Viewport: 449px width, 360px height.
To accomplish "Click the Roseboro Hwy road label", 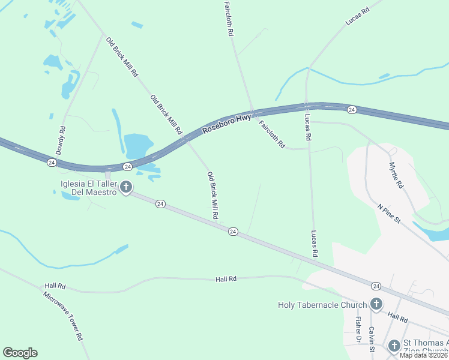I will pyautogui.click(x=226, y=123).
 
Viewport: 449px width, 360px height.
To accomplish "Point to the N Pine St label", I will pyautogui.click(x=388, y=214).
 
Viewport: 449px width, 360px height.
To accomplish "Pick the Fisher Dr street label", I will pyautogui.click(x=358, y=331).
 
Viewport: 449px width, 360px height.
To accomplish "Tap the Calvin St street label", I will pyautogui.click(x=372, y=339).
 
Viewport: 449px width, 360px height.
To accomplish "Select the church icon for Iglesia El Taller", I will pyautogui.click(x=126, y=188).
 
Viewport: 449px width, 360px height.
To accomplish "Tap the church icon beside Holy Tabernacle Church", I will pyautogui.click(x=376, y=304).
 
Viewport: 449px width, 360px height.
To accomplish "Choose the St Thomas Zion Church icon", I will pyautogui.click(x=394, y=346).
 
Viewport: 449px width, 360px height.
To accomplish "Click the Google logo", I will pyautogui.click(x=20, y=353).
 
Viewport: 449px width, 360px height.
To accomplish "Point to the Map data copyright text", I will pyautogui.click(x=424, y=355).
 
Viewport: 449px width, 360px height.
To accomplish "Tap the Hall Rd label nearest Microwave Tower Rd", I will pyautogui.click(x=53, y=287).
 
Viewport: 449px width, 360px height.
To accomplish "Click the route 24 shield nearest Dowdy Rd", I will pyautogui.click(x=52, y=163).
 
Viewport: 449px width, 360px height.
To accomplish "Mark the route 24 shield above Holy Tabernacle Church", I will pyautogui.click(x=376, y=286).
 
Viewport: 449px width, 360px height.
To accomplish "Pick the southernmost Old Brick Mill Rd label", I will pyautogui.click(x=212, y=195).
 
